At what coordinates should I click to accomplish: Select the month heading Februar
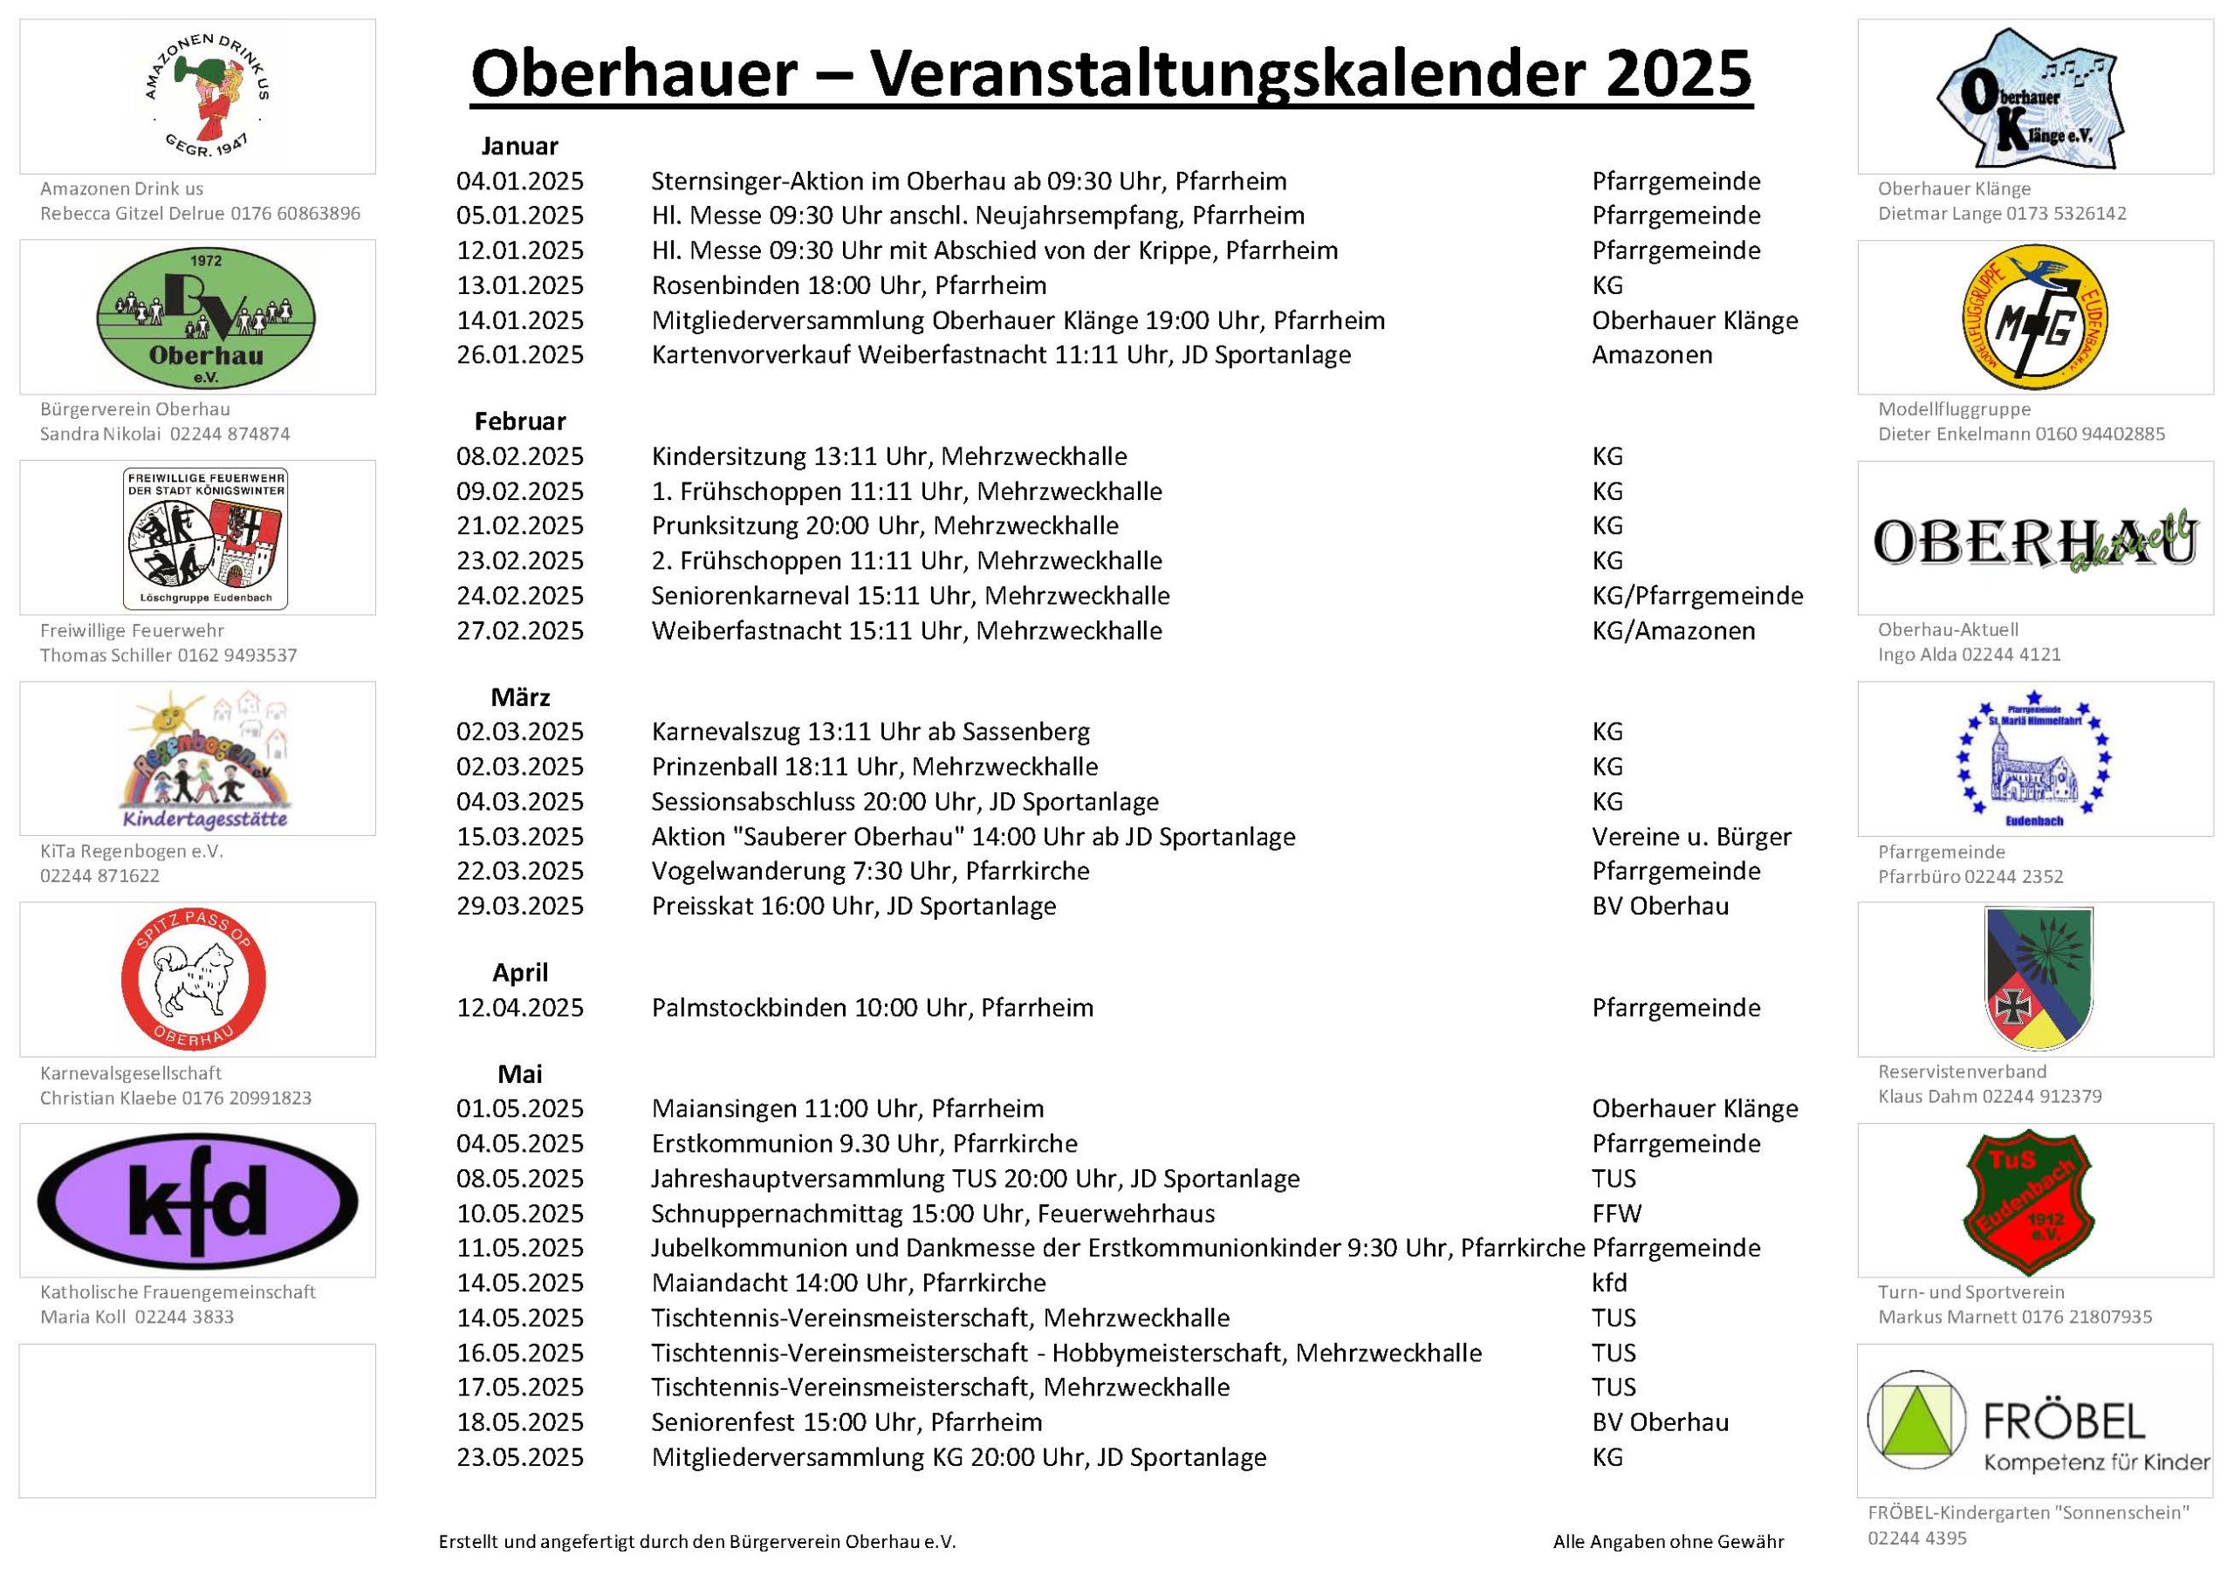coord(519,421)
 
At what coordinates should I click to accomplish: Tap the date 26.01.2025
coord(519,355)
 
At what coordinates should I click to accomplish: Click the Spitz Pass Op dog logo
coord(194,979)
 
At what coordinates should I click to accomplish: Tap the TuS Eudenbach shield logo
coord(2034,1202)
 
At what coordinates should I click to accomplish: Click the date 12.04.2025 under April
coord(519,1008)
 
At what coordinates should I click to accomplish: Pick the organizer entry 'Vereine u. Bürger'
coord(1691,838)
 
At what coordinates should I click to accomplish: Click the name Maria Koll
coord(83,1317)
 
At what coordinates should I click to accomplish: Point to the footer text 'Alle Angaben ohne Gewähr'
coord(1668,1542)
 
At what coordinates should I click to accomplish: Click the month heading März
coord(519,697)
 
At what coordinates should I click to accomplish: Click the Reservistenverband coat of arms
coord(2038,979)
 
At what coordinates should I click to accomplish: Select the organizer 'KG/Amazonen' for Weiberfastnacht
coord(1672,631)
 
